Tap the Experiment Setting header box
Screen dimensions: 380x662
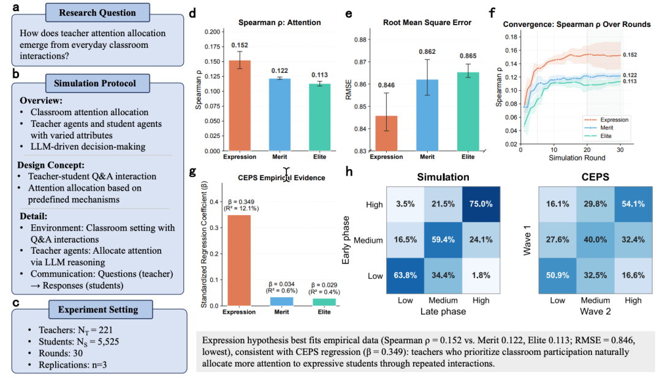[x=98, y=310]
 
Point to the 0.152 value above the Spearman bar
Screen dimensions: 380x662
[x=240, y=45]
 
